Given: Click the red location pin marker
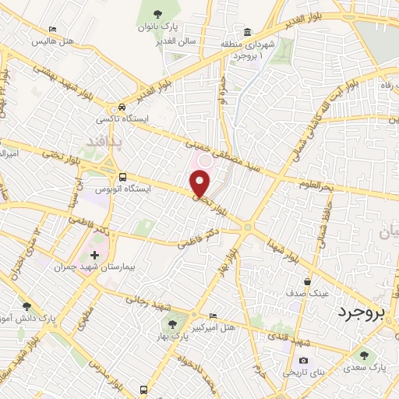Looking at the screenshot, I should [x=200, y=183].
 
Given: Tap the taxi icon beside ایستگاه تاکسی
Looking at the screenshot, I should [x=120, y=108].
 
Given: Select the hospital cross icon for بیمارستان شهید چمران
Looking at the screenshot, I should [x=95, y=256].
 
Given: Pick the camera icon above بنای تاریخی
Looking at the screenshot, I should [x=304, y=361].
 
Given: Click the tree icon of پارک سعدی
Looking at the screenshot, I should [x=364, y=355].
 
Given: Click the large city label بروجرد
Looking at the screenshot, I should [x=362, y=314].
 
